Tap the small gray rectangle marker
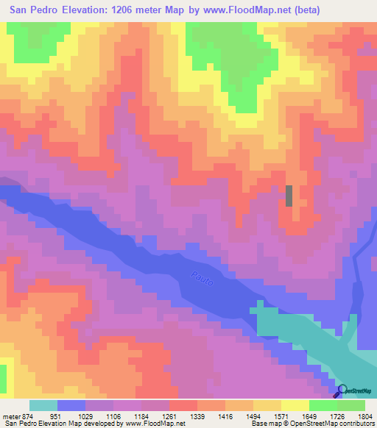pos(289,196)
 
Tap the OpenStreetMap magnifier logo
pos(342,391)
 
